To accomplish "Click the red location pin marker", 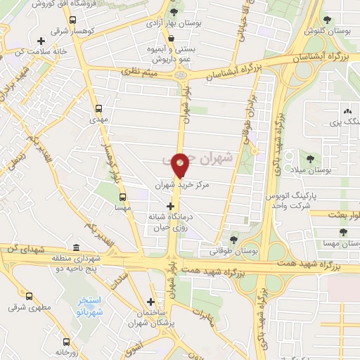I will (x=181, y=164).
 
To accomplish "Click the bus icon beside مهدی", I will (x=98, y=109).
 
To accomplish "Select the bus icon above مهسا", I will (x=122, y=197).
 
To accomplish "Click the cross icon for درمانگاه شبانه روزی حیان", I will (x=169, y=206).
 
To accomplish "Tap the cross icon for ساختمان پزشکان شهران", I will (x=150, y=302).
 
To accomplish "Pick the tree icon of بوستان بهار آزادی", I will (x=174, y=11).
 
